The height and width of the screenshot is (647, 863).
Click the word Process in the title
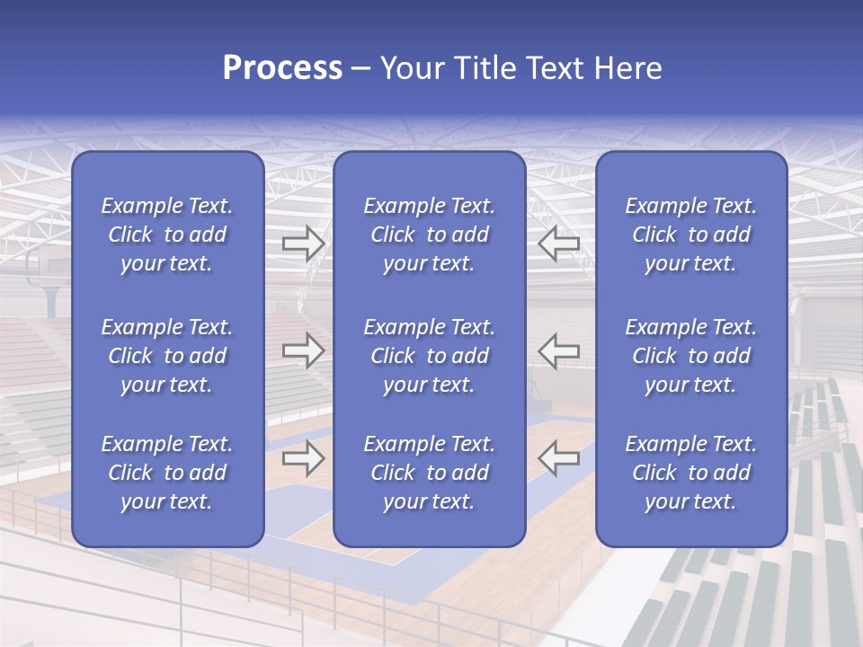coord(282,68)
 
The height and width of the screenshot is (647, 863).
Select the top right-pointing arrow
coord(303,243)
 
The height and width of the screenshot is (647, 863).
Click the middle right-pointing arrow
coord(303,350)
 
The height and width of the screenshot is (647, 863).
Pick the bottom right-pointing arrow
coord(303,458)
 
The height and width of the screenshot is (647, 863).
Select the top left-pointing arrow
coord(559,243)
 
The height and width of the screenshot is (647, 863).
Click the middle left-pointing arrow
coord(559,350)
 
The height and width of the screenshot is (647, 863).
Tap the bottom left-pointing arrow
coord(559,458)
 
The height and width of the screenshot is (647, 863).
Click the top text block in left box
coord(167,235)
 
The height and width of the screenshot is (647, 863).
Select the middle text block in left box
coord(167,356)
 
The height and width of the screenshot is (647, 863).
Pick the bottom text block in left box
coord(167,473)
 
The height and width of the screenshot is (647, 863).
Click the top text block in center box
coord(430,235)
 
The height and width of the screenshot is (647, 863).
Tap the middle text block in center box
coord(430,356)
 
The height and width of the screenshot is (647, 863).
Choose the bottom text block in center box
coord(430,473)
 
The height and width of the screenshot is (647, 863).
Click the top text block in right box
coord(691,235)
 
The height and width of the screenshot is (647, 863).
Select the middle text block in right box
coord(691,356)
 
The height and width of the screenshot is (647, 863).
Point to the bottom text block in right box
coord(691,473)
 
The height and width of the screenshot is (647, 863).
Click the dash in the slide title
coord(361,69)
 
